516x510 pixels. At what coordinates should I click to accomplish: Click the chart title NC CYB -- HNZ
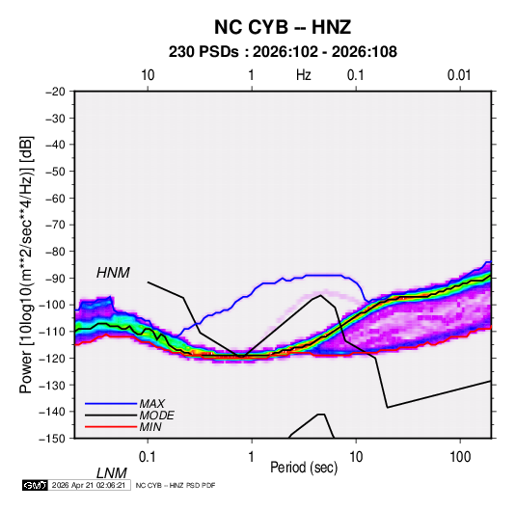pyautogui.click(x=283, y=27)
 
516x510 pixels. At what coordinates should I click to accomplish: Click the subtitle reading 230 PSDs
pyautogui.click(x=204, y=52)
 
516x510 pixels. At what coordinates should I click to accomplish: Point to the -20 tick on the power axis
pyautogui.click(x=55, y=92)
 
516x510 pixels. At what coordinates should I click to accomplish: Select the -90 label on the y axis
pyautogui.click(x=55, y=279)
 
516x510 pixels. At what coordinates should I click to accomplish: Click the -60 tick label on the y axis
pyautogui.click(x=55, y=199)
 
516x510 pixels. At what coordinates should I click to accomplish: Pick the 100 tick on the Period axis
pyautogui.click(x=460, y=457)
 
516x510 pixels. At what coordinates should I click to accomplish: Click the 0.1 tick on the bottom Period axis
pyautogui.click(x=148, y=457)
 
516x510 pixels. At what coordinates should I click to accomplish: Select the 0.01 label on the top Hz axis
pyautogui.click(x=459, y=75)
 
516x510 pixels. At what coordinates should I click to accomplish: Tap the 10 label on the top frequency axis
pyautogui.click(x=148, y=75)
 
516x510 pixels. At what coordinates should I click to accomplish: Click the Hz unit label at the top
pyautogui.click(x=304, y=75)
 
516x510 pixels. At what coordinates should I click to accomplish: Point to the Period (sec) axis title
pyautogui.click(x=304, y=468)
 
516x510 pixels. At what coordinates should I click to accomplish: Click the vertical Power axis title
pyautogui.click(x=26, y=265)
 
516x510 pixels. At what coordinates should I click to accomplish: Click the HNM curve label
pyautogui.click(x=113, y=273)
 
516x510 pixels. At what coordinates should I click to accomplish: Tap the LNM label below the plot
pyautogui.click(x=112, y=473)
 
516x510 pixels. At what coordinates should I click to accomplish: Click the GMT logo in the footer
pyautogui.click(x=35, y=485)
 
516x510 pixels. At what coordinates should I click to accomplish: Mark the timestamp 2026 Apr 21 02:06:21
pyautogui.click(x=89, y=485)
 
